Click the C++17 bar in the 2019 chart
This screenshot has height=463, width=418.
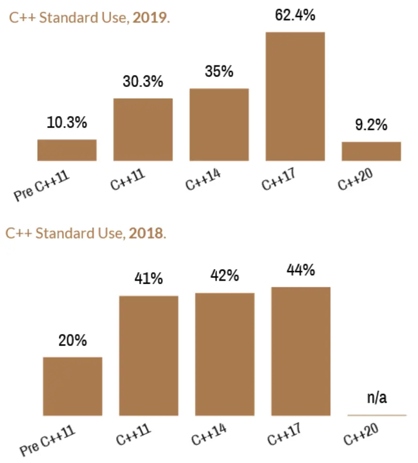point(295,96)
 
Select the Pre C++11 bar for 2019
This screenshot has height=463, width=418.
point(67,150)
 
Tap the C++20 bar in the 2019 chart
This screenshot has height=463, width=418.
point(371,151)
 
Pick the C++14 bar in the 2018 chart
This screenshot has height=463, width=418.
point(225,354)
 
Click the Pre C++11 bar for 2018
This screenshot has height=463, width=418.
point(72,386)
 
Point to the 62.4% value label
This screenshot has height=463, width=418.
point(295,15)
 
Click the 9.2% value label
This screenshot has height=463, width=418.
point(371,125)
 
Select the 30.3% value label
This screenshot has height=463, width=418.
point(143,82)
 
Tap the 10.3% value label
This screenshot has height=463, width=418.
point(67,123)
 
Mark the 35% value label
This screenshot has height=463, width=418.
point(219,72)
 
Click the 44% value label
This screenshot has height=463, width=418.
point(301,270)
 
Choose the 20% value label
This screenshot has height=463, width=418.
point(72,340)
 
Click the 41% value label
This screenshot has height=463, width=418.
point(148,279)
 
